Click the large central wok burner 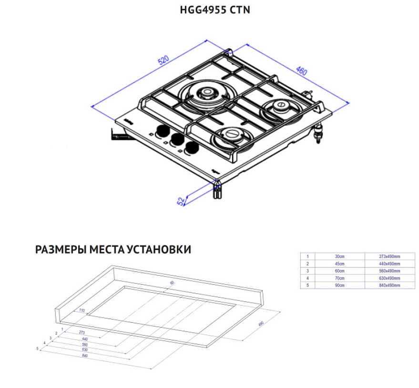point(207,94)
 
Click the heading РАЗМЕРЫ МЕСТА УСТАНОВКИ point(113,249)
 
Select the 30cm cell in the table point(340,256)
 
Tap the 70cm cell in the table point(340,278)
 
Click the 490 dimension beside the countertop point(261,325)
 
